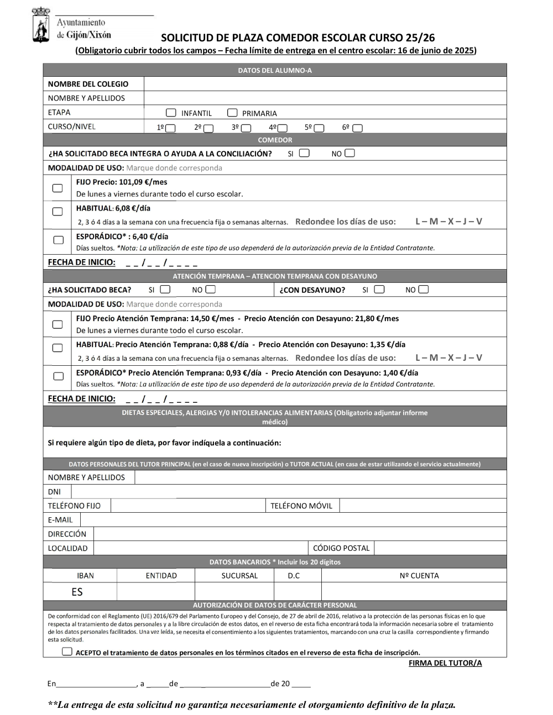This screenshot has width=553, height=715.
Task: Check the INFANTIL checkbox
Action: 171,113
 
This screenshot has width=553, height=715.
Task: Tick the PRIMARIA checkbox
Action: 232,113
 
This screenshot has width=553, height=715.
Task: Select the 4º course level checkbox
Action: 282,128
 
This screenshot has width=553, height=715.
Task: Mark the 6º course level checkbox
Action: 358,128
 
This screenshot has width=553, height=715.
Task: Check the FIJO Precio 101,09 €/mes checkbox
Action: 58,188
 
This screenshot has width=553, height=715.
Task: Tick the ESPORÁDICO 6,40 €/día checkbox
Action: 58,240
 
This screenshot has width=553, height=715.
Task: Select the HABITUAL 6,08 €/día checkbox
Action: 58,211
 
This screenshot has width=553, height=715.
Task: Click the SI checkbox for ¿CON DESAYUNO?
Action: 379,289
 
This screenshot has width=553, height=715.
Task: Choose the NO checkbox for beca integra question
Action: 349,153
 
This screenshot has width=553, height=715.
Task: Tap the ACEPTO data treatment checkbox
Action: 67,651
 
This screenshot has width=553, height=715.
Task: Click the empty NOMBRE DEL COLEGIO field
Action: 325,84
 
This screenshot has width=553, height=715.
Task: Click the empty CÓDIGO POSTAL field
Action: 440,548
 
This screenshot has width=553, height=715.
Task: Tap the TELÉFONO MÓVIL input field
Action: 422,506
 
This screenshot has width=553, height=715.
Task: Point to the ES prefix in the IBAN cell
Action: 77,592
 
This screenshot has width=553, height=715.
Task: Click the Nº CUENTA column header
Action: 419,575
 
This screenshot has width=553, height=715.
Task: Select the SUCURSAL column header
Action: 239,575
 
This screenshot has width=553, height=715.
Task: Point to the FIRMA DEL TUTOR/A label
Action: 445,663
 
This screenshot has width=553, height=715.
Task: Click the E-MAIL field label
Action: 60,519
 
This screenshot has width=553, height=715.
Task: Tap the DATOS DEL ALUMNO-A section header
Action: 275,70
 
